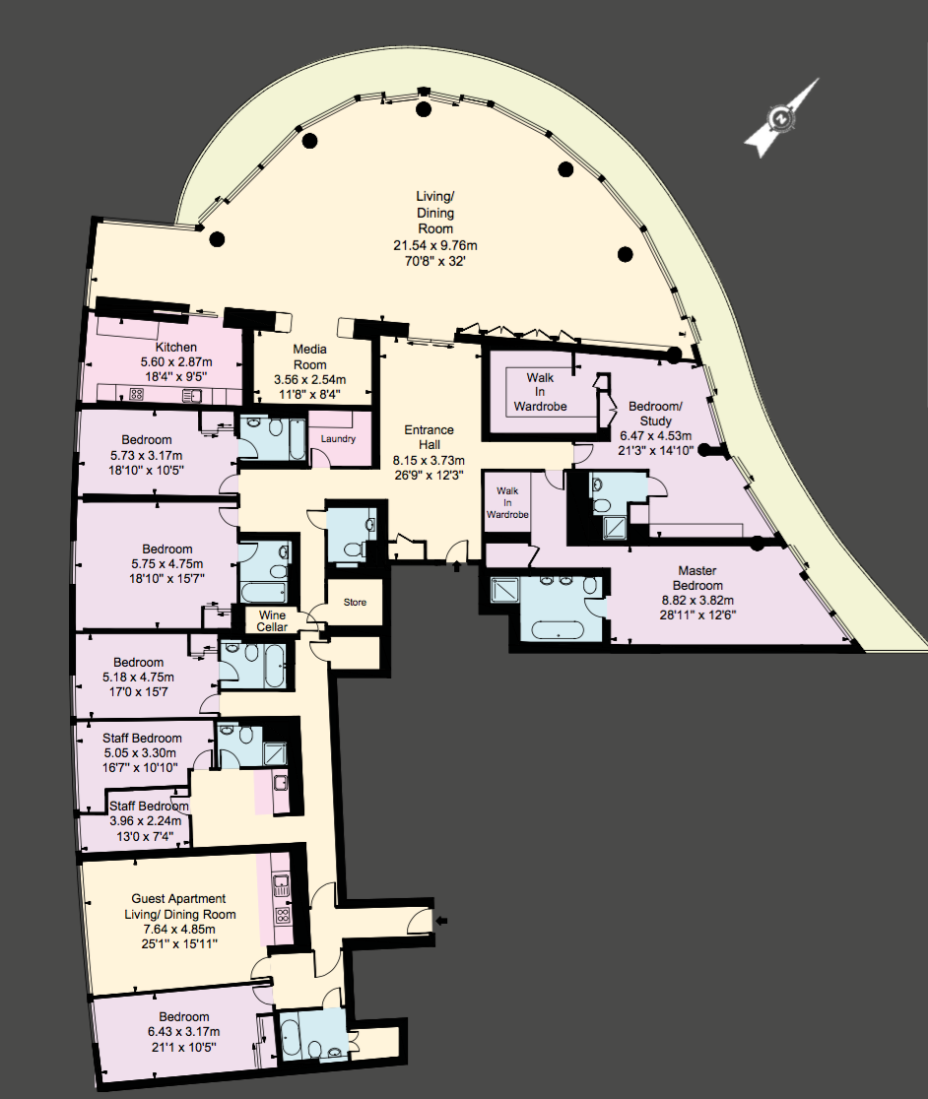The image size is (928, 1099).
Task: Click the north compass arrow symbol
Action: tap(781, 118)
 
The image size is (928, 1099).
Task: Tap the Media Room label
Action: tap(309, 356)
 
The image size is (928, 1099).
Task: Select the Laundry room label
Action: tap(338, 439)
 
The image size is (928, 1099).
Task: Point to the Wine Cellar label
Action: tap(272, 621)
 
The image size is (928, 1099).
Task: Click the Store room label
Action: tap(355, 602)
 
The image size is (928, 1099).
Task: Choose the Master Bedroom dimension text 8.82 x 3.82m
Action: tap(697, 601)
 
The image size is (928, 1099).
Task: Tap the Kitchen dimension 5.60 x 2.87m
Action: tap(176, 362)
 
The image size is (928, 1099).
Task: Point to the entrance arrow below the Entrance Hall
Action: tap(457, 565)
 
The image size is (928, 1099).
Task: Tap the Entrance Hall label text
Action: tap(429, 437)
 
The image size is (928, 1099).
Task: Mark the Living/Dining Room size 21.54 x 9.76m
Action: tap(435, 246)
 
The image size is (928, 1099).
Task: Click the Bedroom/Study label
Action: tap(655, 414)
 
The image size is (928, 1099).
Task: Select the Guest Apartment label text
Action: tap(178, 898)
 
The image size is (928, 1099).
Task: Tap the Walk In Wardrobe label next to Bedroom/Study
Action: tap(541, 392)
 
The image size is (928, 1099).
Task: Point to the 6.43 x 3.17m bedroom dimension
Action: tap(183, 1032)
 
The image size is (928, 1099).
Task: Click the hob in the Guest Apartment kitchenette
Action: tap(283, 915)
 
